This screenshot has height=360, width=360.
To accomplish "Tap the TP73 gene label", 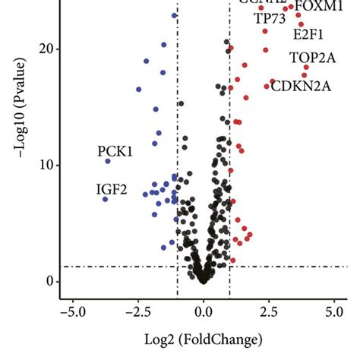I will click(270, 18).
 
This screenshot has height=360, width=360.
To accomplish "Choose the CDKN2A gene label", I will click(302, 85).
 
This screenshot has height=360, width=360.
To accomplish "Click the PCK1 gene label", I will click(115, 151).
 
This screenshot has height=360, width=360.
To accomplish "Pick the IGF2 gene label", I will click(112, 189).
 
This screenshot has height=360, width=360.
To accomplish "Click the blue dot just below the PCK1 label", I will click(108, 161).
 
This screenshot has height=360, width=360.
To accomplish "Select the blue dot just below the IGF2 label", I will click(105, 199).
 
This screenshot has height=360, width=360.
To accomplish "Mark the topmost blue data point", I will click(175, 15).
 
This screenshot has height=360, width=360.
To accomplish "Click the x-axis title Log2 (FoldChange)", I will click(203, 339).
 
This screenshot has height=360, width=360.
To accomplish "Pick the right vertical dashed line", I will click(229, 190).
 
